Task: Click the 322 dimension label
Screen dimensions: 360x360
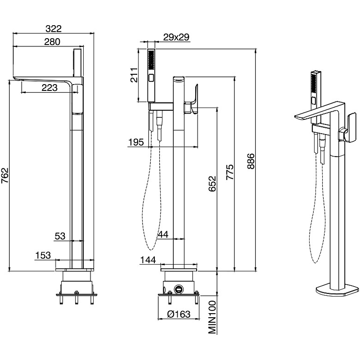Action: click(x=53, y=29)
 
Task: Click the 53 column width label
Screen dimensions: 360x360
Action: click(x=60, y=236)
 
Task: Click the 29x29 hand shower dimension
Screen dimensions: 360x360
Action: click(x=175, y=37)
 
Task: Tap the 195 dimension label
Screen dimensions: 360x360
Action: click(x=135, y=142)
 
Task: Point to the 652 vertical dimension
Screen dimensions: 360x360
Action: click(x=213, y=184)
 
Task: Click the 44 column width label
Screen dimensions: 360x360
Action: click(x=163, y=234)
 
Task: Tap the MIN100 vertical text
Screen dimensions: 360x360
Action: click(x=213, y=318)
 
